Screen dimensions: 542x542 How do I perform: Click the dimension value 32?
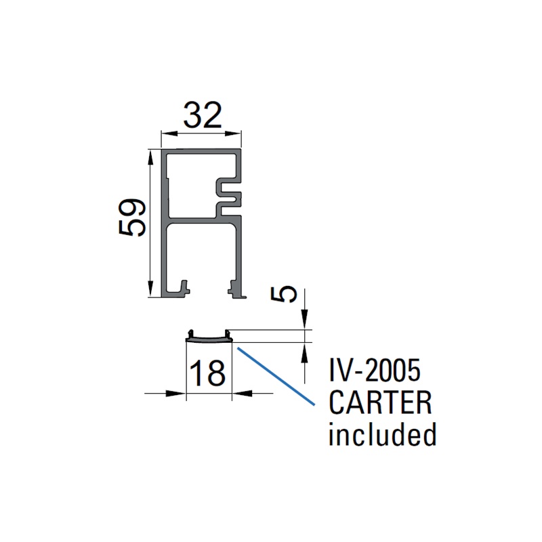coord(202,116)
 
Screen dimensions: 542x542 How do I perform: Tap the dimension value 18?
coord(207,373)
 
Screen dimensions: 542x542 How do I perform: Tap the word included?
coord(381,434)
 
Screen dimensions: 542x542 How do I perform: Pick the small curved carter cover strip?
coord(209,335)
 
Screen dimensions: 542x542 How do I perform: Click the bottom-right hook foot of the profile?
coord(235,289)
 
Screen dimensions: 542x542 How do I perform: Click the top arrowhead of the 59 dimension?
coord(150,157)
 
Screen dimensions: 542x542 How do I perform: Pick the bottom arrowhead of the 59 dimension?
coord(150,291)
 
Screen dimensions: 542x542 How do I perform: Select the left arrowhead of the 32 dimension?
coord(165,134)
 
